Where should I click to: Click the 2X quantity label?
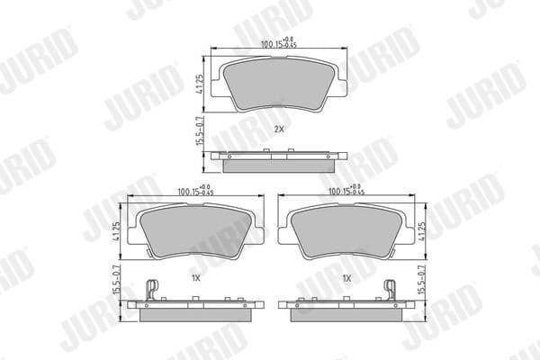[278, 130]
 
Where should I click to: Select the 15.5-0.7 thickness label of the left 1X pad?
[116, 281]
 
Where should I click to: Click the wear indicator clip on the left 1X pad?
[152, 290]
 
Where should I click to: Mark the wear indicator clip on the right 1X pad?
[391, 290]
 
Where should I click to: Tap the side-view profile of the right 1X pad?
[346, 310]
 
